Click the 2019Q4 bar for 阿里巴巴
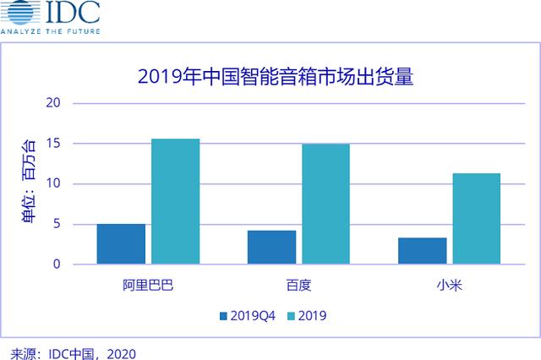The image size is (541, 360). (121, 243)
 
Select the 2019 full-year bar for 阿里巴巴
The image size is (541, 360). (175, 201)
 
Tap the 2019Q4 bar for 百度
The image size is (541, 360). (271, 247)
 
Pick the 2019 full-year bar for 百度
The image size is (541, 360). (325, 204)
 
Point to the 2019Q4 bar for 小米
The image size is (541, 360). (422, 250)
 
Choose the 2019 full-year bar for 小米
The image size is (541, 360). (476, 218)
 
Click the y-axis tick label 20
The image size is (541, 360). (55, 103)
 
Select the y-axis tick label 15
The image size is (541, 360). (55, 144)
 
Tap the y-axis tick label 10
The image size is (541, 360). (55, 183)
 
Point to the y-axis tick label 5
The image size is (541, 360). (58, 224)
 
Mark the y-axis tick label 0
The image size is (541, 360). (58, 264)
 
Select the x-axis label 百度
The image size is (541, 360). (299, 283)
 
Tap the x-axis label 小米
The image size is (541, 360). (449, 283)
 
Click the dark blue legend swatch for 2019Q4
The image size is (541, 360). (223, 316)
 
